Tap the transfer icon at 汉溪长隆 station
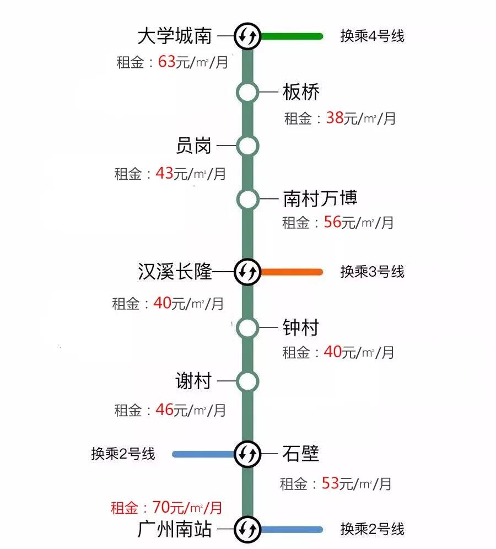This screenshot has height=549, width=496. (247, 271)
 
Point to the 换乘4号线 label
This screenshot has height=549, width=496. (372, 36)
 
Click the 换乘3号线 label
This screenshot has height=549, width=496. (372, 271)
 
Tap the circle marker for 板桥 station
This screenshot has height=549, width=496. (247, 93)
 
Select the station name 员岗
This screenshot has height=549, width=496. (193, 146)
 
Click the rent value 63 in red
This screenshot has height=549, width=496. (166, 61)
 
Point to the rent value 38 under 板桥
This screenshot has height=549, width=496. (335, 117)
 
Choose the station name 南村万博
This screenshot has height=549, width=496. (320, 198)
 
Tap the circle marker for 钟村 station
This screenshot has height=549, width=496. (247, 328)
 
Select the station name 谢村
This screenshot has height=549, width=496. (193, 381)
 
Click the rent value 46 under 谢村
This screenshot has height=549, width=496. (164, 410)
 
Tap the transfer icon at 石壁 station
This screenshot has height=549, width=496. (247, 454)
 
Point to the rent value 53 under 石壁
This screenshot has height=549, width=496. (330, 483)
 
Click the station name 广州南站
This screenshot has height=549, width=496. (175, 530)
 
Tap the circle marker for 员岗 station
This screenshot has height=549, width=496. (247, 146)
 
